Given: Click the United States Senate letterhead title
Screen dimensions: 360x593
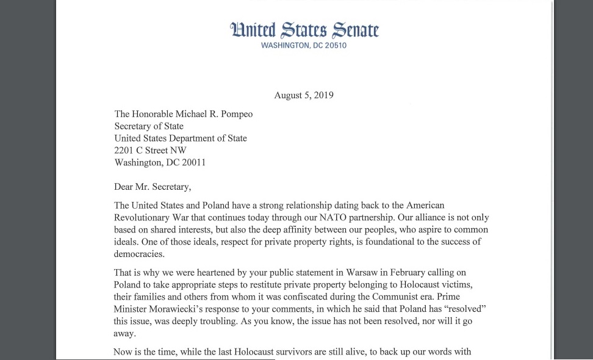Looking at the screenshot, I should pyautogui.click(x=304, y=30).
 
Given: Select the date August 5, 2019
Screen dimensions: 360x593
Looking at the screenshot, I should pyautogui.click(x=304, y=95).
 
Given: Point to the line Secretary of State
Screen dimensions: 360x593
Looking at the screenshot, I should pyautogui.click(x=149, y=126).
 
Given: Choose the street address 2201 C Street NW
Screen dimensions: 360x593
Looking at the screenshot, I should pyautogui.click(x=151, y=150).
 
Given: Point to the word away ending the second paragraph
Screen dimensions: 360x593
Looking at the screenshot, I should pyautogui.click(x=125, y=333).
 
